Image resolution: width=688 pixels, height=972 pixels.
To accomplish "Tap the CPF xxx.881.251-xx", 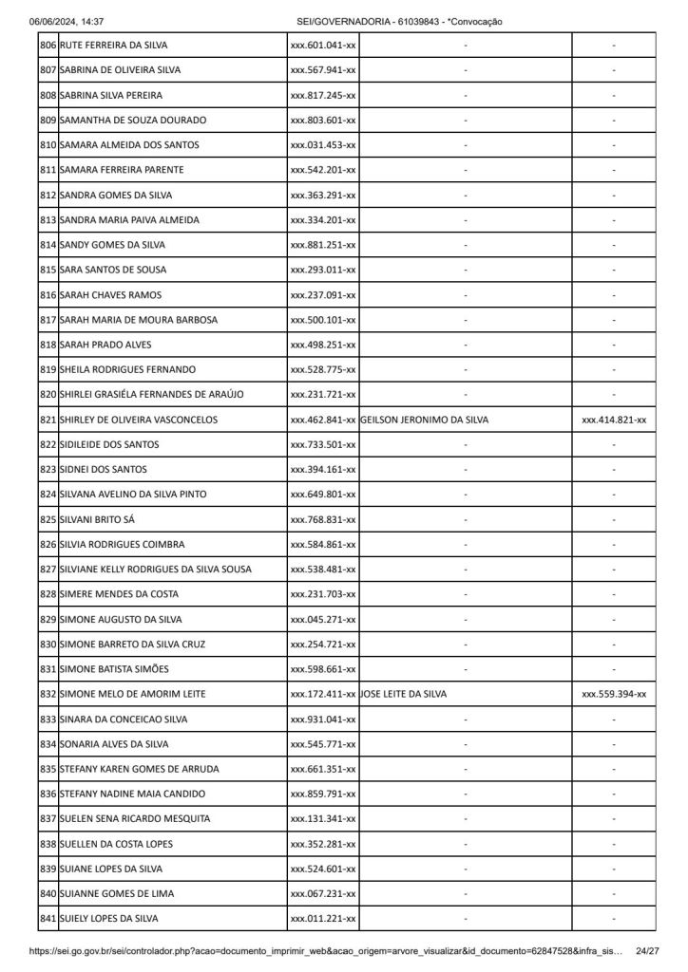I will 323,245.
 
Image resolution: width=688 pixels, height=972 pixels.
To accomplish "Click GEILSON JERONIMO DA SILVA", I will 425,420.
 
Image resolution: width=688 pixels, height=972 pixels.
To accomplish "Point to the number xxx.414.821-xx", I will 614,420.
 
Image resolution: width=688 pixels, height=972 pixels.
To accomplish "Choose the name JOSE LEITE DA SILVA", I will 404,694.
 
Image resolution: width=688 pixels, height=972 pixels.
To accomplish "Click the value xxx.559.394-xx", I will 614,694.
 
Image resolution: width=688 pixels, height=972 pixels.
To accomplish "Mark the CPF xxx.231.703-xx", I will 323,594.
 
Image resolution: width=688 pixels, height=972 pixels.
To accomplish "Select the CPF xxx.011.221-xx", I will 323,919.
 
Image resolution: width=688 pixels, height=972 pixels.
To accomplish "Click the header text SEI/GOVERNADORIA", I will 338,21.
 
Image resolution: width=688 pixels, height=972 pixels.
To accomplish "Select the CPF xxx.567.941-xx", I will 323,70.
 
